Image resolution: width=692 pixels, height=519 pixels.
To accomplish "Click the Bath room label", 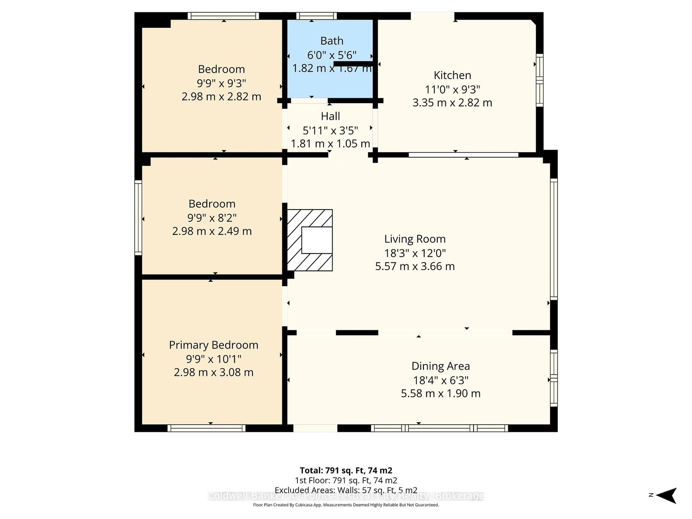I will pyautogui.click(x=332, y=41).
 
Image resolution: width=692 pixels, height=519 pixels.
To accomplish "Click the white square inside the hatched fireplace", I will pyautogui.click(x=317, y=240).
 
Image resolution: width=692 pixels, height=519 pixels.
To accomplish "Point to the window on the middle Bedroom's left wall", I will pyautogui.click(x=138, y=218).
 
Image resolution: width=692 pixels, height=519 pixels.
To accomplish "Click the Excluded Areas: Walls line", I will pyautogui.click(x=346, y=490).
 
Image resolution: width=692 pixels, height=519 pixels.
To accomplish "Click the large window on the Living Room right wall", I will pyautogui.click(x=553, y=239).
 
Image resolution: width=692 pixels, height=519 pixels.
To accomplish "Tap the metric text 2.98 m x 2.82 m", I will pyautogui.click(x=221, y=96).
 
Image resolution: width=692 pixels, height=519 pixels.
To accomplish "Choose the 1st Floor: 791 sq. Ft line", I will pyautogui.click(x=346, y=480).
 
